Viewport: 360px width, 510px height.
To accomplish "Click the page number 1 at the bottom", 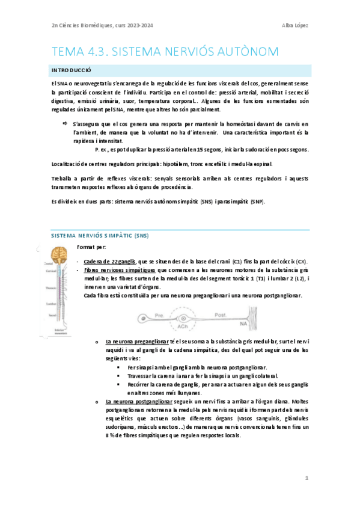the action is click(x=306, y=478).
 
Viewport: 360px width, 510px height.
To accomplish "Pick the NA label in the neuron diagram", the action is click(x=244, y=323).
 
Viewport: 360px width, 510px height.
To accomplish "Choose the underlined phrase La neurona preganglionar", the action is click(x=136, y=341).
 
